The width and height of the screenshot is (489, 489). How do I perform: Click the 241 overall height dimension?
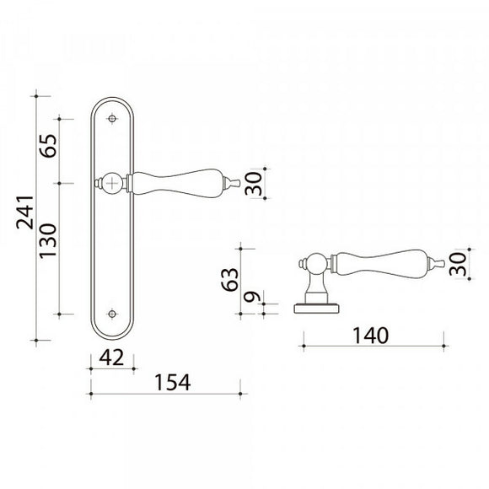25,212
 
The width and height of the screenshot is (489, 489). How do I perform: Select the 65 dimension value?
48,146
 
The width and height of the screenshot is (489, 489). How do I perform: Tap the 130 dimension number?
48,240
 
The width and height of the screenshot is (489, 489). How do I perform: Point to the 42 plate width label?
111,357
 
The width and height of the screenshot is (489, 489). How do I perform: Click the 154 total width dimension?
173,382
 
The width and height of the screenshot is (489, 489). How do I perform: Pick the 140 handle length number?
370,336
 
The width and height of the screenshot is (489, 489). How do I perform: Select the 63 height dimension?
230,279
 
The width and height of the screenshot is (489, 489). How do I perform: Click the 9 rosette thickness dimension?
252,297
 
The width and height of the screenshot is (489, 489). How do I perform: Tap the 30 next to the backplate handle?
253,184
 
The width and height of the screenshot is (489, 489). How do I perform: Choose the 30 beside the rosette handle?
458,264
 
